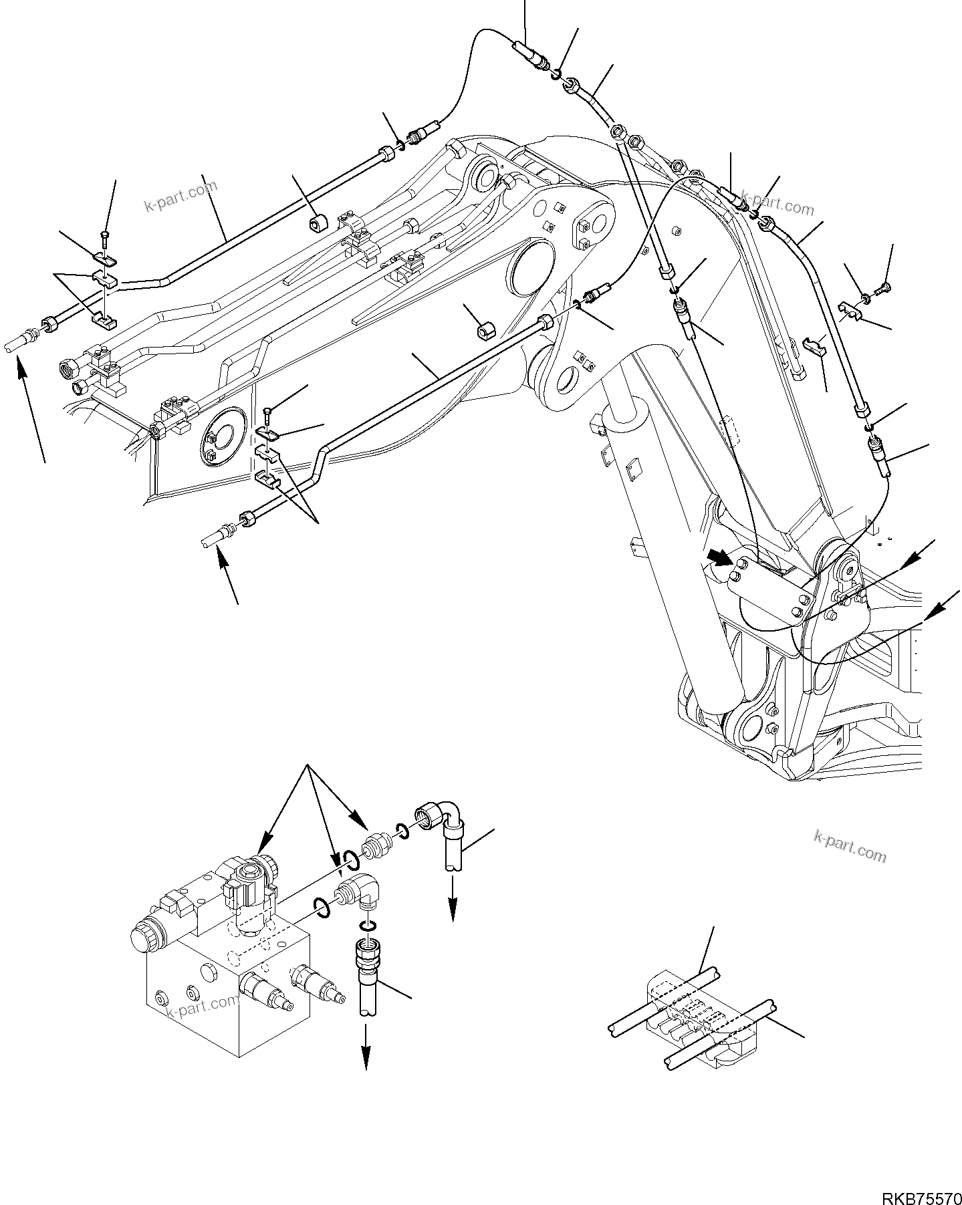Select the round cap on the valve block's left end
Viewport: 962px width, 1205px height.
pyautogui.click(x=141, y=935)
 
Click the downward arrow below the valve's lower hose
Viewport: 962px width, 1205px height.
pyautogui.click(x=366, y=1053)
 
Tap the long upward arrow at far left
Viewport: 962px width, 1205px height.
pyautogui.click(x=32, y=408)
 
